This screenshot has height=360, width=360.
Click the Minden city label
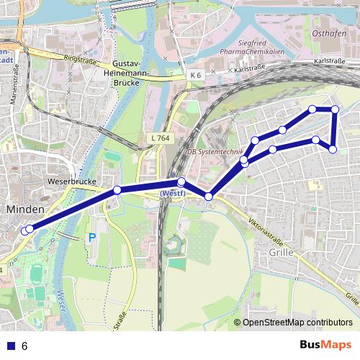coord(25,209)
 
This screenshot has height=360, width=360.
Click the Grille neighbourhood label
coord(280,253)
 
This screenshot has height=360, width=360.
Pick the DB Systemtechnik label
coord(214,152)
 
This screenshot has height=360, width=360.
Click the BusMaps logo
coord(325,345)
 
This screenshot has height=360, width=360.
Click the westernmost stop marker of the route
coord(25,231)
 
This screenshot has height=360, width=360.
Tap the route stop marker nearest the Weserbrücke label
coord(117,190)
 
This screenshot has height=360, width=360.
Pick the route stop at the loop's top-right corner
coord(335,109)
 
